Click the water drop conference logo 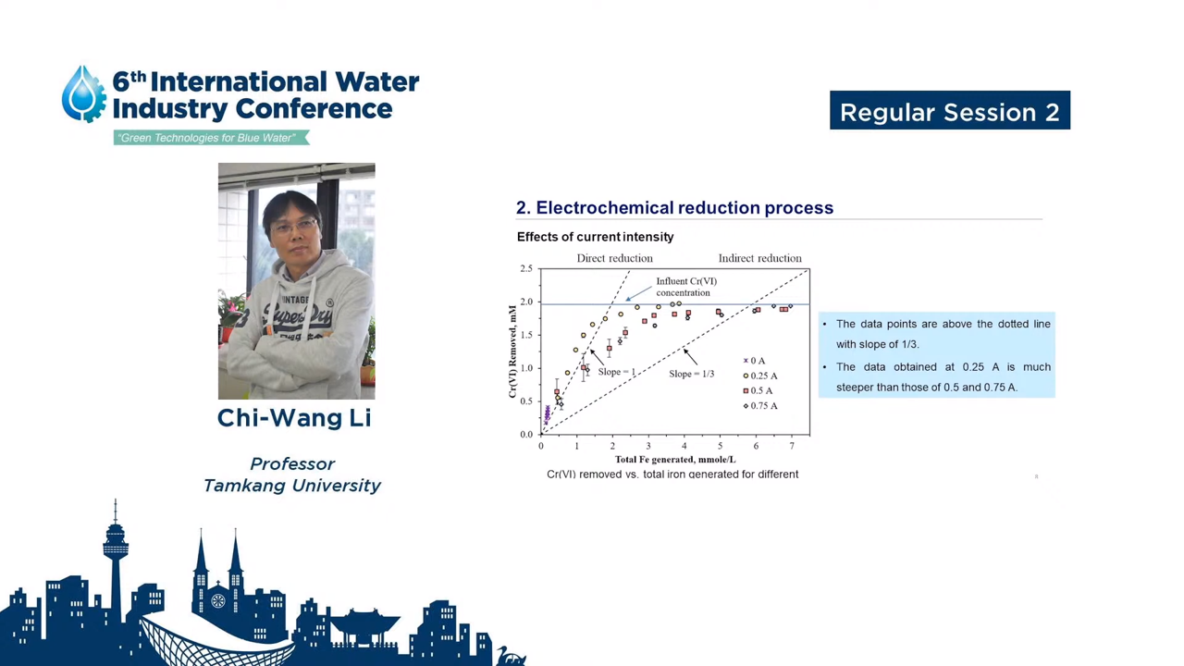tap(83, 94)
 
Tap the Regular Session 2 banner tap(950, 110)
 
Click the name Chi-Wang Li tap(294, 417)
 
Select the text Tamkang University tap(291, 486)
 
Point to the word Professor tap(292, 463)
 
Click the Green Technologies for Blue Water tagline tap(211, 138)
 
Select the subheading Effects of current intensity tap(595, 237)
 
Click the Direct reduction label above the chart tap(615, 258)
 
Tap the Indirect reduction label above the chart tap(759, 258)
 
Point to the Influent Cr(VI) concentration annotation tap(686, 287)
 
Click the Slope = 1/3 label tap(691, 374)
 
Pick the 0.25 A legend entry tap(760, 376)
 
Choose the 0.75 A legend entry tap(760, 406)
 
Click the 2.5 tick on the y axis tap(526, 268)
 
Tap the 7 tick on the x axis tap(792, 446)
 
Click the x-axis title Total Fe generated tap(675, 460)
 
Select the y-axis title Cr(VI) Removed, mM tap(512, 351)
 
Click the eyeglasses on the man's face tap(295, 227)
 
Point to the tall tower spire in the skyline tap(116, 561)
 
